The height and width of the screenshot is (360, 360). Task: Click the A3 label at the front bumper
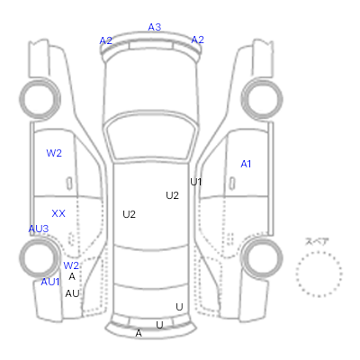[155, 27]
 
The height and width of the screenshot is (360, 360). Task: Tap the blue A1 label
[246, 164]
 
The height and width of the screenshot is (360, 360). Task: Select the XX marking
[58, 213]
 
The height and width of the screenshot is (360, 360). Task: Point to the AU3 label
[39, 229]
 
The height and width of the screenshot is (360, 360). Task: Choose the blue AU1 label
[50, 282]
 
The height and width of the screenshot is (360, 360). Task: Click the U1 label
[196, 182]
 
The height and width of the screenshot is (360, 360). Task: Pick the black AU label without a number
[72, 293]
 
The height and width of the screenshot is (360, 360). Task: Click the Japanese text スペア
[317, 241]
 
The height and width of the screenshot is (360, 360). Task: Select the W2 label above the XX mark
[54, 153]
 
